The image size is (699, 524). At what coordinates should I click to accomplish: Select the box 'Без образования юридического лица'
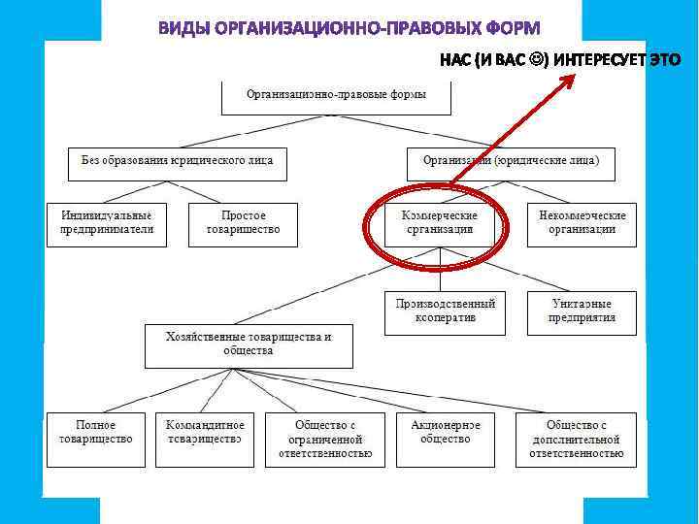click(x=177, y=161)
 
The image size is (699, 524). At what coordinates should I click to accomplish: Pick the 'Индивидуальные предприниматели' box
click(x=107, y=223)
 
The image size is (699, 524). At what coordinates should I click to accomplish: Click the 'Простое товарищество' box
click(x=243, y=223)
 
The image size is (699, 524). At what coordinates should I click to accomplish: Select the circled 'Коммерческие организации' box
click(x=440, y=223)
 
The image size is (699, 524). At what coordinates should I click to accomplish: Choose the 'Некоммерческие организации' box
click(x=582, y=223)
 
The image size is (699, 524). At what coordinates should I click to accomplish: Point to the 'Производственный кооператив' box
click(x=445, y=311)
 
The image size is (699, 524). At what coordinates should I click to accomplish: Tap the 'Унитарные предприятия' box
click(x=582, y=311)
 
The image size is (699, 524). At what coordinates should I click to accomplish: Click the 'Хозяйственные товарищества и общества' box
click(x=250, y=344)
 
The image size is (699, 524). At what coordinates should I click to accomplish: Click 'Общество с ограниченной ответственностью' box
click(x=325, y=439)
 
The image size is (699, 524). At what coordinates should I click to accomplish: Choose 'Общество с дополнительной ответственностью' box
click(x=577, y=439)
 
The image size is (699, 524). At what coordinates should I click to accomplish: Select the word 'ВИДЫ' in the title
click(x=184, y=26)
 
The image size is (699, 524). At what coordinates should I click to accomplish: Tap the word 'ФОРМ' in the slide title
click(x=509, y=26)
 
